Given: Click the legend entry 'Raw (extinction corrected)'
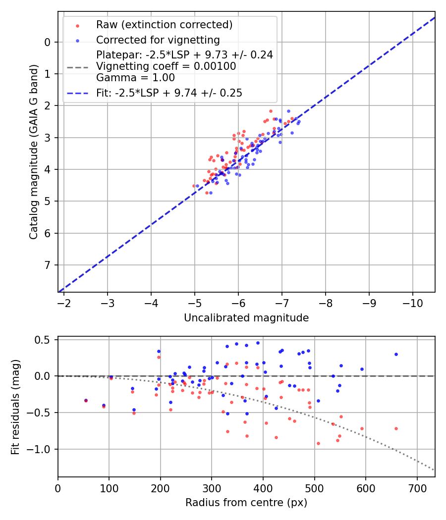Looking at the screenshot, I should (x=164, y=25).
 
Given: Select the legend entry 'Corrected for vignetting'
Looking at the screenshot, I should (x=158, y=40).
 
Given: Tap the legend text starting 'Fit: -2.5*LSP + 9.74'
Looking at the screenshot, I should (x=169, y=93).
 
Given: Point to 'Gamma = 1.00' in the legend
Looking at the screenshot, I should (x=135, y=77).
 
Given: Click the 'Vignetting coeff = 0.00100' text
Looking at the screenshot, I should (x=166, y=66).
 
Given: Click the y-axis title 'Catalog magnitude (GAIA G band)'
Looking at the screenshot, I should (x=34, y=151).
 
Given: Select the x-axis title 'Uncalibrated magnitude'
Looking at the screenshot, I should (x=246, y=318).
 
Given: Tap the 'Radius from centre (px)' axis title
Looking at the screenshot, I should (x=246, y=503).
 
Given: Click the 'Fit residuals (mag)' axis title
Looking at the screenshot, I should (x=15, y=407).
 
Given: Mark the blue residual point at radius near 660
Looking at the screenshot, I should (x=396, y=354).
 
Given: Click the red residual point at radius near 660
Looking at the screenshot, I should (x=396, y=428).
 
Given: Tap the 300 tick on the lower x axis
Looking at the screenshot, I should (x=212, y=488).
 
